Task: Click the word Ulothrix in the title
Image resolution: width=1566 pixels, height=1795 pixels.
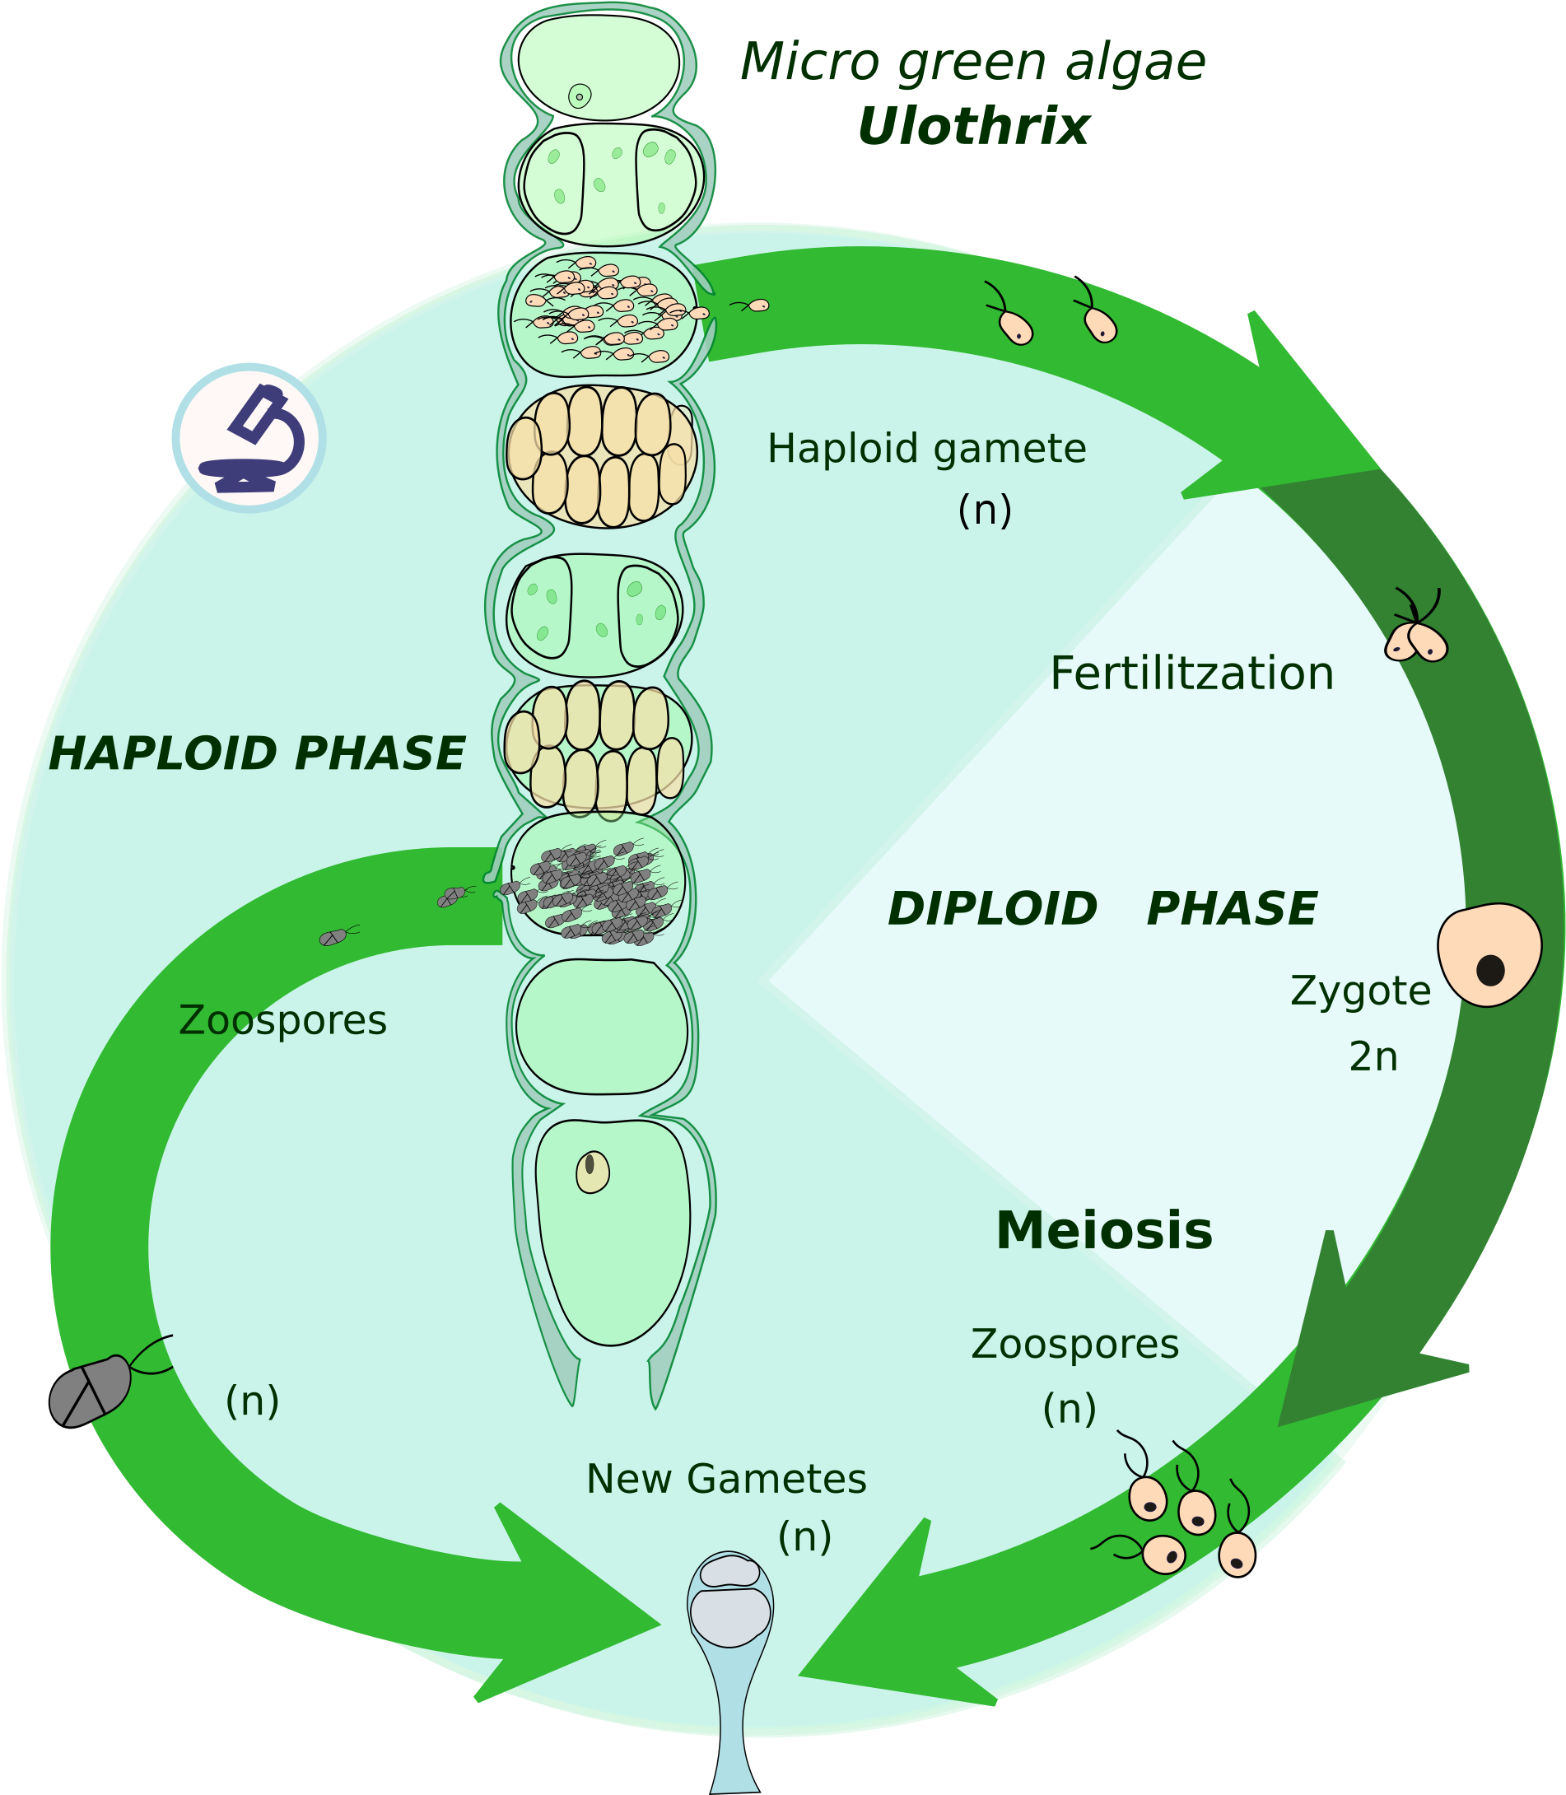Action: click(972, 127)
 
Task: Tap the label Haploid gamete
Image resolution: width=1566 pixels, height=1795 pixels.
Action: click(926, 448)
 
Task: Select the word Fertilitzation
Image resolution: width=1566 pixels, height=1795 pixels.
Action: click(1191, 674)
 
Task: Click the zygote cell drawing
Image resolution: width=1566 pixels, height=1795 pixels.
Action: click(1489, 954)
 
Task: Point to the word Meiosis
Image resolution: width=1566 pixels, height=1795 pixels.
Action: click(1104, 1231)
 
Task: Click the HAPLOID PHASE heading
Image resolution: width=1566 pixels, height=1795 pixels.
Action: click(256, 753)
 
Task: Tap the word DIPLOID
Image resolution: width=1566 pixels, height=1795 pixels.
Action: click(992, 909)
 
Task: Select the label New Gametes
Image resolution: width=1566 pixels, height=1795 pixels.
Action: click(725, 1480)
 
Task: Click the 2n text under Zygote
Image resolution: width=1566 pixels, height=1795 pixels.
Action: click(1373, 1057)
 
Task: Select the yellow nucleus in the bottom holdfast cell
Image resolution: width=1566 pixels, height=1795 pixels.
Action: click(593, 1173)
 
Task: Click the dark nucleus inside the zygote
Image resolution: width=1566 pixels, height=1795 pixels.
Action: click(1490, 970)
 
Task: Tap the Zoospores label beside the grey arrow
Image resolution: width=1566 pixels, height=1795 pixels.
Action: click(282, 1020)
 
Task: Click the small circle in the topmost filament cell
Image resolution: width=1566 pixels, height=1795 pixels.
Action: click(580, 96)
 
